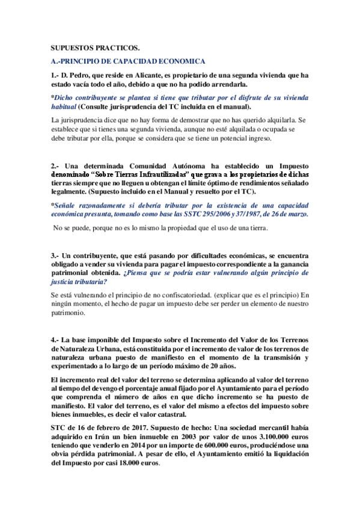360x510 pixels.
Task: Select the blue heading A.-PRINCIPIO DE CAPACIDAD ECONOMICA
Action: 129,61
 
